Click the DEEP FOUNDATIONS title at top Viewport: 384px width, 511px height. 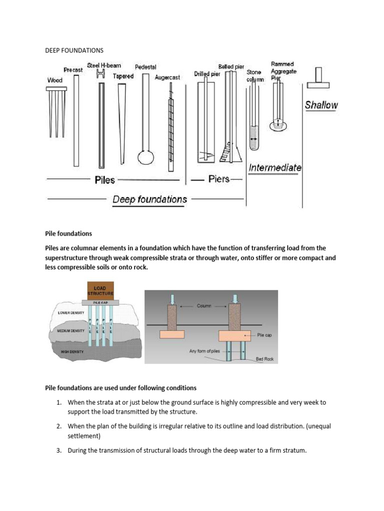click(74, 50)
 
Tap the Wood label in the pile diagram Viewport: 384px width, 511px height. click(54, 80)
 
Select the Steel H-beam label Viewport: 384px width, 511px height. click(103, 65)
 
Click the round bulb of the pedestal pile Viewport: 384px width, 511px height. click(145, 156)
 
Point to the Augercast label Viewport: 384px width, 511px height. click(167, 78)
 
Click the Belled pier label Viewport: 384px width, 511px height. click(231, 66)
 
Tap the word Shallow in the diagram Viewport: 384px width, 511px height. click(321, 105)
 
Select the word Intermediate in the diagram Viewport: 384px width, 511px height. click(275, 168)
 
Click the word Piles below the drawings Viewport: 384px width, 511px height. click(105, 180)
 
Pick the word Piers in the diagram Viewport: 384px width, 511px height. click(219, 179)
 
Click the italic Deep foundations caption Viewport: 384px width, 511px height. click(149, 200)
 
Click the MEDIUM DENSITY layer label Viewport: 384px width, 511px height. click(69, 331)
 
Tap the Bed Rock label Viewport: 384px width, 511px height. click(265, 359)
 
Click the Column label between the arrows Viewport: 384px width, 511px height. click(204, 305)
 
